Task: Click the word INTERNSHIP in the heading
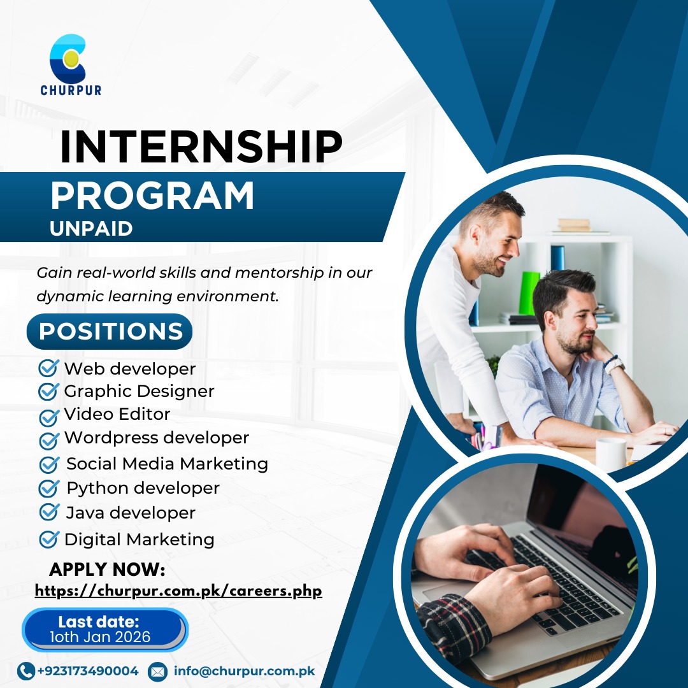click(x=201, y=147)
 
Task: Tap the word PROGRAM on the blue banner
click(x=152, y=196)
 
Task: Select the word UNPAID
click(x=91, y=229)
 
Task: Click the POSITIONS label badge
click(x=110, y=332)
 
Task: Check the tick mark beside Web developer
click(x=48, y=368)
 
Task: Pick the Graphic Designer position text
click(x=139, y=391)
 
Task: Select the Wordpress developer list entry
click(x=156, y=438)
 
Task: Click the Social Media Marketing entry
click(x=167, y=464)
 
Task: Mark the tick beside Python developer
click(x=48, y=489)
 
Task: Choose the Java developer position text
click(x=131, y=513)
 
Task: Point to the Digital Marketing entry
click(x=139, y=540)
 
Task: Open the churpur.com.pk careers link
click(x=178, y=591)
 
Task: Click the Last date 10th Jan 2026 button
click(x=104, y=629)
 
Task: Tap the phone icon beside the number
click(x=26, y=671)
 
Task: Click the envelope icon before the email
click(x=157, y=671)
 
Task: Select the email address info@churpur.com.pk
click(x=244, y=671)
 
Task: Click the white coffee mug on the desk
click(x=610, y=453)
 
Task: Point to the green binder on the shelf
click(x=529, y=293)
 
